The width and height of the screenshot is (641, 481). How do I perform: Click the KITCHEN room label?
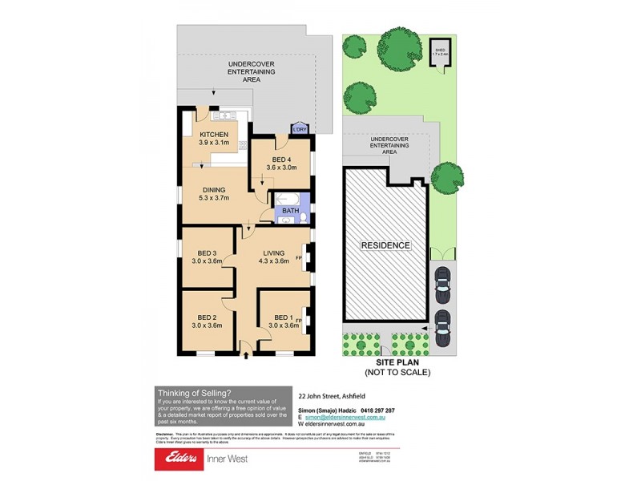214,134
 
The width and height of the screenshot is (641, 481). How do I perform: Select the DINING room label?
214,189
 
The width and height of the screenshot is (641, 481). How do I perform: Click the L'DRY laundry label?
300,129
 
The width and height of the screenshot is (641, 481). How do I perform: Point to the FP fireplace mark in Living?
299,257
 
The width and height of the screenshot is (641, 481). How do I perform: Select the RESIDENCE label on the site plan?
385,245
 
